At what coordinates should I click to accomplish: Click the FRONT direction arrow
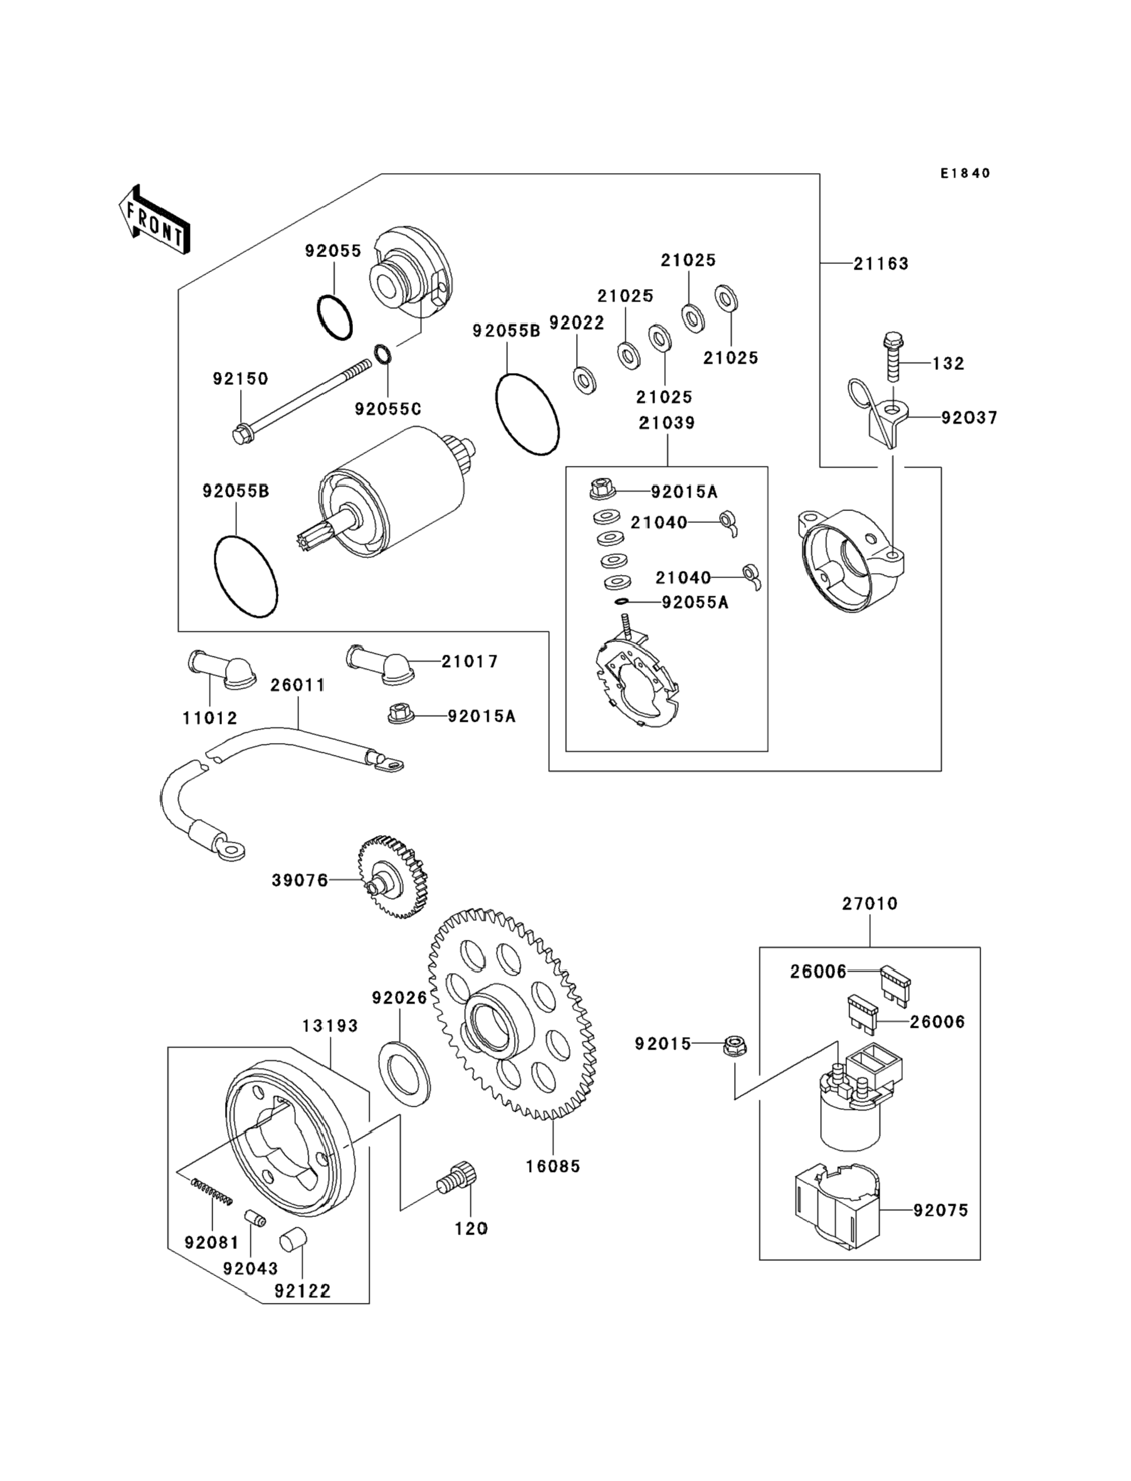click(154, 220)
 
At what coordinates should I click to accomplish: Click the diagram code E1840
click(965, 174)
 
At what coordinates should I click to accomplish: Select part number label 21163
click(881, 264)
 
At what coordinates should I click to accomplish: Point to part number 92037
click(969, 418)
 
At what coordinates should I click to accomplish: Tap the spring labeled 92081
click(211, 1191)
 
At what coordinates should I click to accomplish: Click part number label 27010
click(870, 904)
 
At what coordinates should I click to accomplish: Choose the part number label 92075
click(940, 1210)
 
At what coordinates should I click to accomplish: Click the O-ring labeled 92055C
click(382, 354)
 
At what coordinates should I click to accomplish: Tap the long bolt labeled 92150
click(303, 399)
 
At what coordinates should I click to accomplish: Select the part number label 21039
click(666, 423)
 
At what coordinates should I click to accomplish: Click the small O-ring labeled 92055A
click(621, 601)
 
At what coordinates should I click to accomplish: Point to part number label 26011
click(298, 685)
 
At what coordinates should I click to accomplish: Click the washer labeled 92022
click(584, 381)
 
